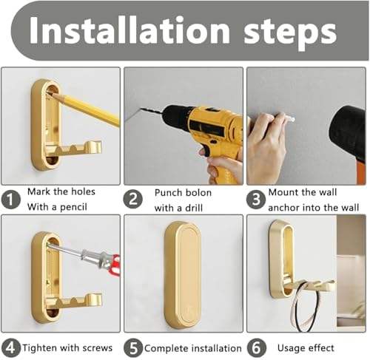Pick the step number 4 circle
coord(10,347)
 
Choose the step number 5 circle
coord(133,347)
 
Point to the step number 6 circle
coord(255,347)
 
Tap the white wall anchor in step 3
coord(288,119)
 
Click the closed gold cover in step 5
coord(181,274)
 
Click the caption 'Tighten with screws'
coord(69,347)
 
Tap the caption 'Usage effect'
coord(306,347)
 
